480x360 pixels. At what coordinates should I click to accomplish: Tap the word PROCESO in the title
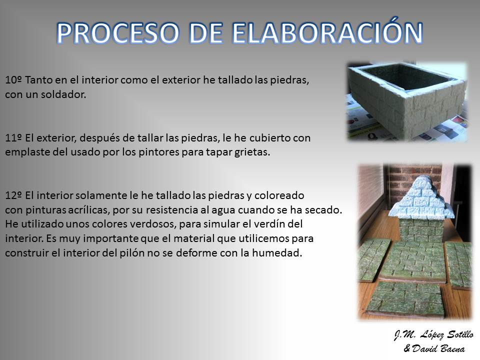pyautogui.click(x=117, y=33)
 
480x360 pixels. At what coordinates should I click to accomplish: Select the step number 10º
pyautogui.click(x=13, y=80)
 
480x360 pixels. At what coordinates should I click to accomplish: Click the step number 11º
pyautogui.click(x=13, y=138)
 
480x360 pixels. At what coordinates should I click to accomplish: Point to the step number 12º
pyautogui.click(x=13, y=195)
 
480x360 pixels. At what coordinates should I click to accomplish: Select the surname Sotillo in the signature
pyautogui.click(x=460, y=334)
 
